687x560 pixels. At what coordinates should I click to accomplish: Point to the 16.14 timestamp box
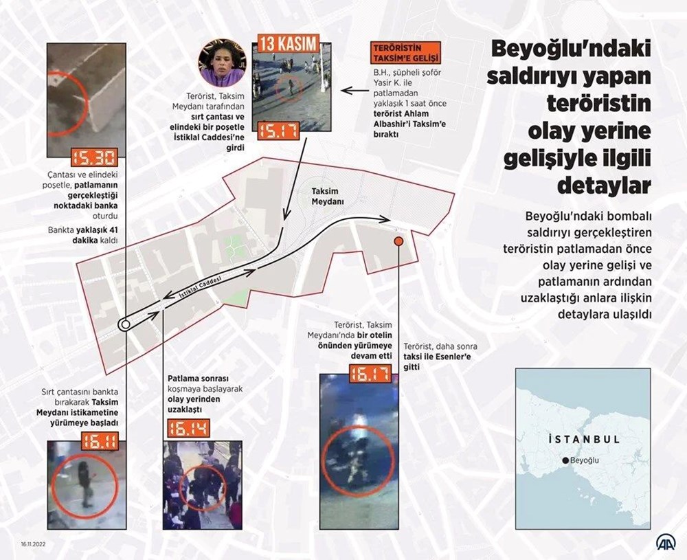(188, 430)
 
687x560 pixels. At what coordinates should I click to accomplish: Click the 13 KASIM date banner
(289, 44)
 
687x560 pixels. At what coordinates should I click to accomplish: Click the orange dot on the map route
(398, 242)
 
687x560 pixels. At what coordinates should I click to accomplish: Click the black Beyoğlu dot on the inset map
(565, 460)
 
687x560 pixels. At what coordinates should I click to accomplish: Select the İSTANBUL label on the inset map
(585, 438)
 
